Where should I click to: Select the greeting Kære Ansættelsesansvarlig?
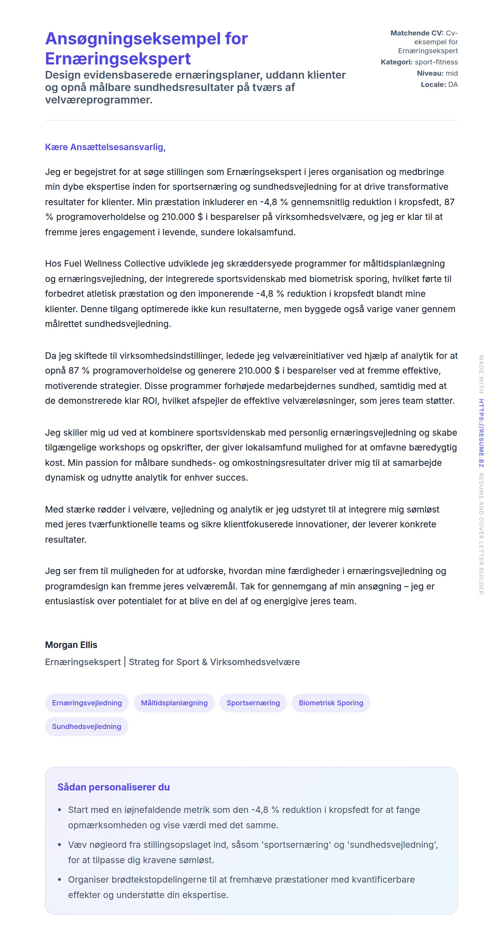click(x=105, y=147)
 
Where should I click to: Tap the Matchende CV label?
click(x=417, y=33)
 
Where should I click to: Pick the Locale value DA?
click(x=453, y=85)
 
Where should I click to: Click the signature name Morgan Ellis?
click(x=71, y=645)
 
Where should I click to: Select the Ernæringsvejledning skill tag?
click(x=87, y=703)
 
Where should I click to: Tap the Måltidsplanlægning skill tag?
click(x=174, y=703)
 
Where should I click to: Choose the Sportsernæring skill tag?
click(x=253, y=703)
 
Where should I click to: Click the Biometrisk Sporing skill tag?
click(x=331, y=703)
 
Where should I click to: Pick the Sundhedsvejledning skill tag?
click(x=86, y=726)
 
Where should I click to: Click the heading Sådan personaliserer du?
click(x=114, y=787)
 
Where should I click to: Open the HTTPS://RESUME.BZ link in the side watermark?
click(x=481, y=433)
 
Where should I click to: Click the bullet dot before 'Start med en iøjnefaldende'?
click(x=60, y=810)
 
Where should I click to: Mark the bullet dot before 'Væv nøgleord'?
click(x=60, y=845)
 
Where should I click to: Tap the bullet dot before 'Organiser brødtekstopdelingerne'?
click(x=60, y=880)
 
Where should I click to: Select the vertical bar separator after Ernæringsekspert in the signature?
click(x=125, y=662)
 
